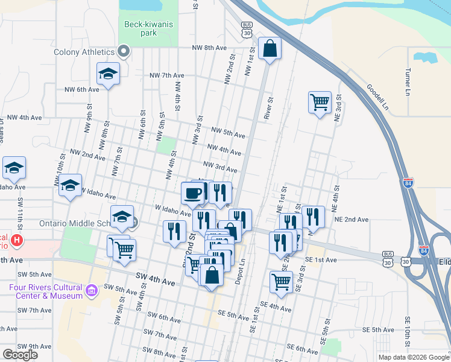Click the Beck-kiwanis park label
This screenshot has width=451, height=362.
click(148, 28)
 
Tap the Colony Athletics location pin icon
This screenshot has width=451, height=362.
click(124, 51)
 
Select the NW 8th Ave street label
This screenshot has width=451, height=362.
click(209, 48)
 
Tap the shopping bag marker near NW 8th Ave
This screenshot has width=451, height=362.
click(270, 48)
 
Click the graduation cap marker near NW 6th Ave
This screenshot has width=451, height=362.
click(108, 74)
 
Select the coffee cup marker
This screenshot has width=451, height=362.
click(193, 193)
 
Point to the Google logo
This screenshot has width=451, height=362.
click(20, 355)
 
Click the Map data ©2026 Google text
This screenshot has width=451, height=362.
click(414, 357)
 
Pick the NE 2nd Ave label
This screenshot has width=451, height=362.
click(351, 220)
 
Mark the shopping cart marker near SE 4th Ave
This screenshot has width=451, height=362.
click(281, 281)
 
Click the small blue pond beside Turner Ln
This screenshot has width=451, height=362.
click(426, 58)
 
